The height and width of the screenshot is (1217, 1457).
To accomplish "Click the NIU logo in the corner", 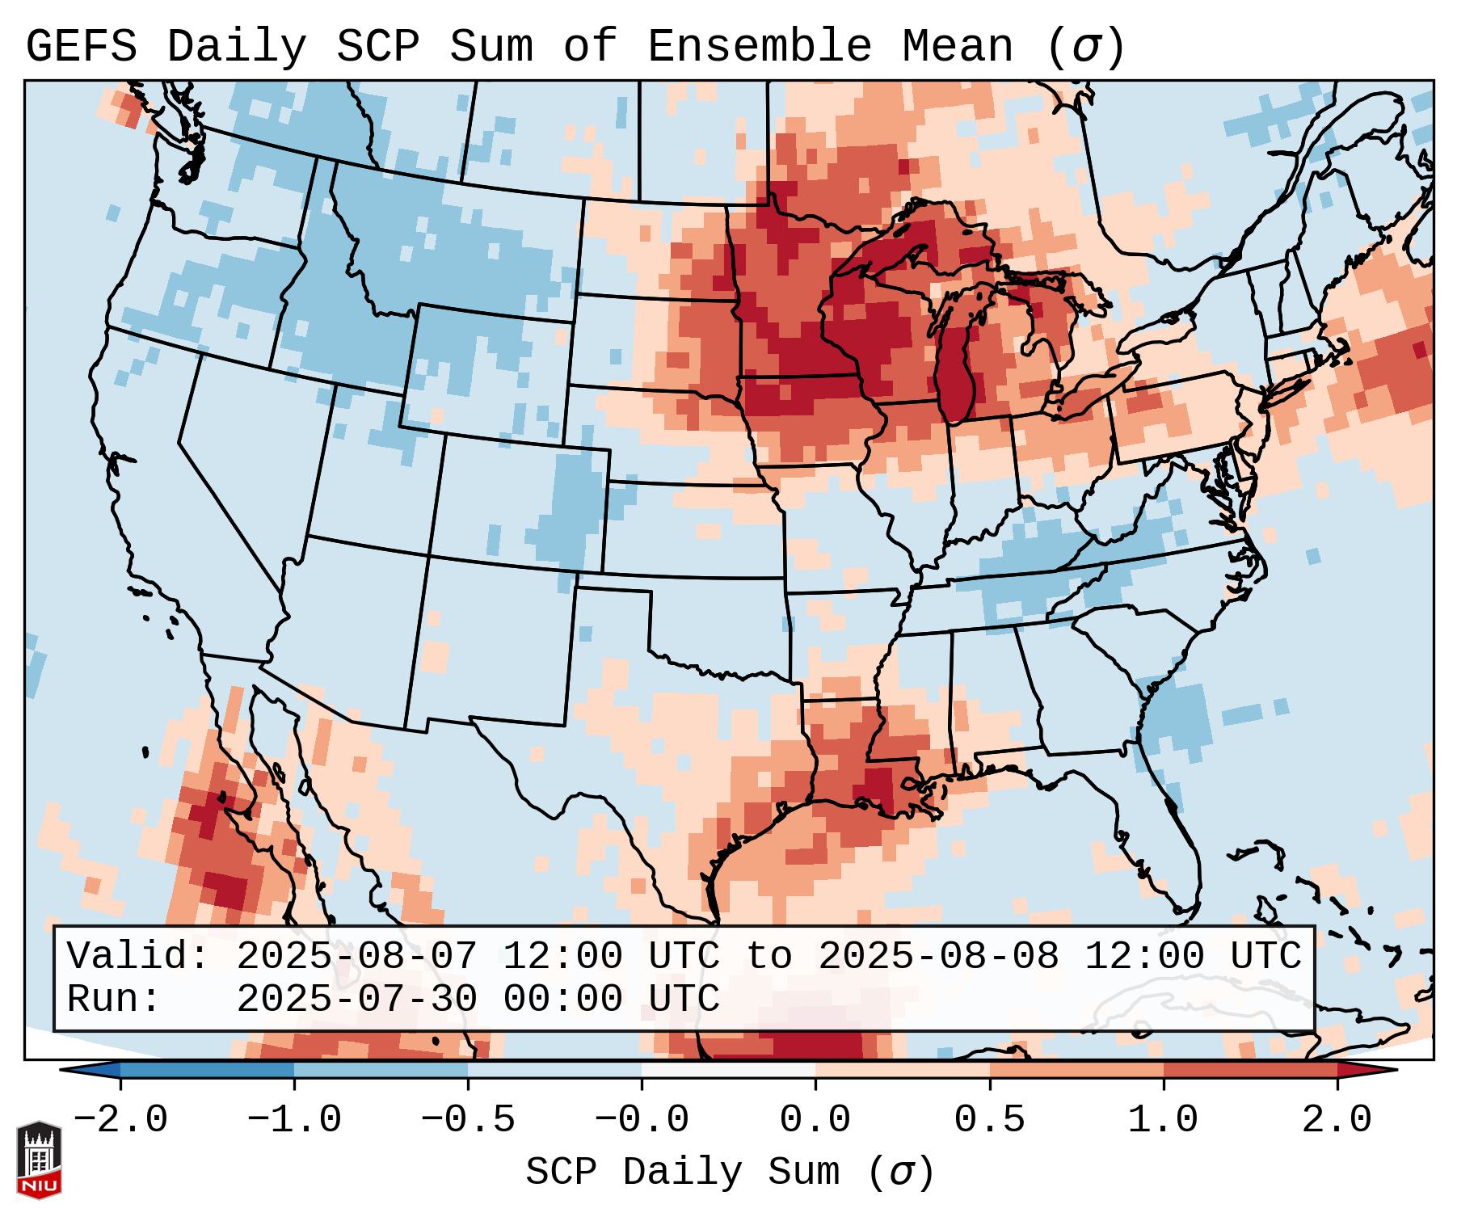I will coord(39,1160).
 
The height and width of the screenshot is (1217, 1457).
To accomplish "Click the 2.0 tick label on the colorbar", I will coord(1337,1120).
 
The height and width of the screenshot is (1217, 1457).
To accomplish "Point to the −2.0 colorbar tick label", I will coord(120,1120).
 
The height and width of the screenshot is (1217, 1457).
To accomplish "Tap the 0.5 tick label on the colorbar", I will coord(989,1120).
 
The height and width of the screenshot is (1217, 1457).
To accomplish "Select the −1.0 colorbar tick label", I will coord(294,1120).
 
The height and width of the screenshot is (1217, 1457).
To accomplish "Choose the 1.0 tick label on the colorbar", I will coord(1163,1120).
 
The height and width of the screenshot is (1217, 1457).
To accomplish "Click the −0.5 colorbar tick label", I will coord(468,1120).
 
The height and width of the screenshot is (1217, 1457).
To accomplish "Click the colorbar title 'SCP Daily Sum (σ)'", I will coord(729,1173).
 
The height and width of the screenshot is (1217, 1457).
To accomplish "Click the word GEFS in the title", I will coord(82,47).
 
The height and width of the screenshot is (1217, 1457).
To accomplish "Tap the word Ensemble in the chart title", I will coord(759,47).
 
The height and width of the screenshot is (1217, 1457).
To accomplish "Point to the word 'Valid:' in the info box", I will coord(138,957).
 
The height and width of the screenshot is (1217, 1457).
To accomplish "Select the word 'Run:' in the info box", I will coord(114,1000).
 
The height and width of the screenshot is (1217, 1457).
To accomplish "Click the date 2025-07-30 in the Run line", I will coord(356,1000).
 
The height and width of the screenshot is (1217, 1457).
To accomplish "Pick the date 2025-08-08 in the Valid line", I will coord(938,957).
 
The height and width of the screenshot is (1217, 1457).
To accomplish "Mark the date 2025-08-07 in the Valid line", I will coord(356,957).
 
